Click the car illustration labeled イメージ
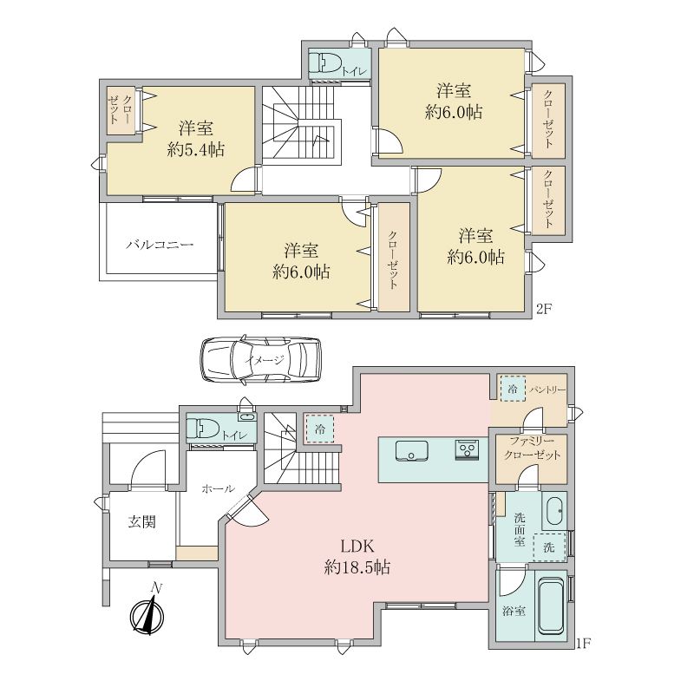pos(261,359)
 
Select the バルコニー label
pos(160,245)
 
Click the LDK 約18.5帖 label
pos(357,556)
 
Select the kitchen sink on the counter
pos(411,451)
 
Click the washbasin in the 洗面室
pos(554,510)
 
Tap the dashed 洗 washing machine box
pos(549,547)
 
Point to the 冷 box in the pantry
pos(513,389)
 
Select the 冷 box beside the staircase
pos(319,429)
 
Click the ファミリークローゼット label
pos(532,448)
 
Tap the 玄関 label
pos(141,522)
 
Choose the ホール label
pos(218,488)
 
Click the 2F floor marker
pos(543,309)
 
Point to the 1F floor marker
pos(583,643)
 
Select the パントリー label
pos(548,390)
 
